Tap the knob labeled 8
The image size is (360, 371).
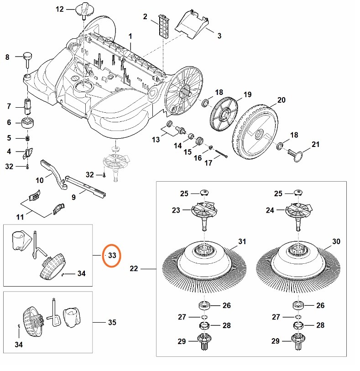(28, 58)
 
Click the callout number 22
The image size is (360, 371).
(133, 269)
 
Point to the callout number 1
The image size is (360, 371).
(130, 36)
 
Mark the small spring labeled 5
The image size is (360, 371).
(28, 138)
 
